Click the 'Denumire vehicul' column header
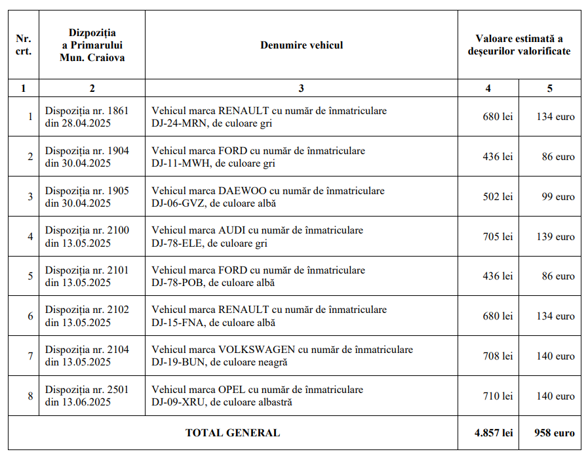(301, 45)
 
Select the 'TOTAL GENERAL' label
(232, 433)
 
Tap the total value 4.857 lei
(494, 433)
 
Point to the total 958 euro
(554, 433)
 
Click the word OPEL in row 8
(231, 390)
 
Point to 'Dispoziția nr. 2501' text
(87, 390)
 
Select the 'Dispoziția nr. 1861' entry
(87, 111)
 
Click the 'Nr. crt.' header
(24, 45)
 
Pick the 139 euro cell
(555, 237)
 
